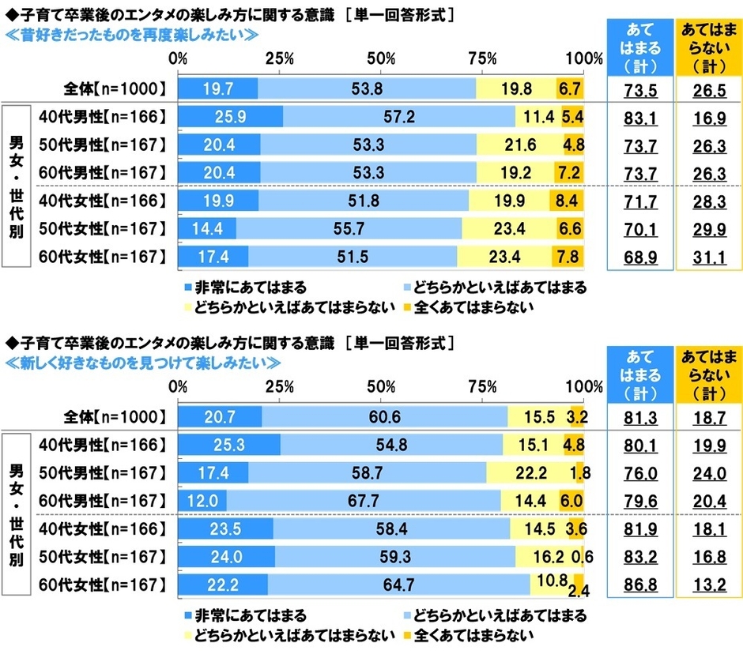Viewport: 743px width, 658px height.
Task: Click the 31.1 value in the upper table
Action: pyautogui.click(x=708, y=257)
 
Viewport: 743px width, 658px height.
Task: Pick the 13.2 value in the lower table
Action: pyautogui.click(x=708, y=585)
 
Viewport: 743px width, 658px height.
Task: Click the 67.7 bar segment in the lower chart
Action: pyautogui.click(x=364, y=500)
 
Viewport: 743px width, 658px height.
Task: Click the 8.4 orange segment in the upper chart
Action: pyautogui.click(x=566, y=201)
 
